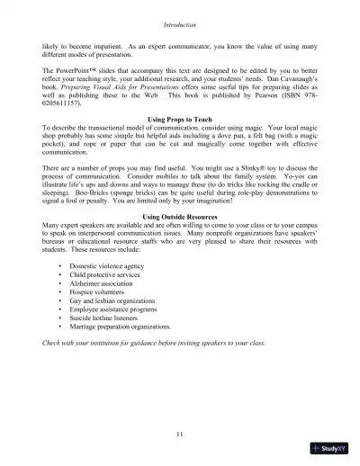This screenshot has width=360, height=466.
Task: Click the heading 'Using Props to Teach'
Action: click(x=179, y=119)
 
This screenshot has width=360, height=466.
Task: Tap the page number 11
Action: click(x=180, y=434)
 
